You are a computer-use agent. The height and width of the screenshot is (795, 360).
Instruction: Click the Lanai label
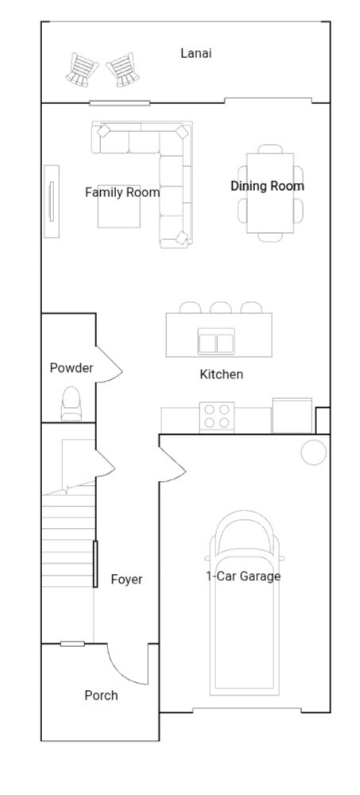[x=195, y=53]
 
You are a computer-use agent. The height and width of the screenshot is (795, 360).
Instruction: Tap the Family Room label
[x=122, y=192]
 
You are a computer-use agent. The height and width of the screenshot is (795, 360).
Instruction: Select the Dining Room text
[x=267, y=186]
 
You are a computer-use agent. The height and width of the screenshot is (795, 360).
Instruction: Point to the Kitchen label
[x=221, y=374]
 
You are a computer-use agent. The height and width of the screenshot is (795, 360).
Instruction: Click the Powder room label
[x=72, y=368]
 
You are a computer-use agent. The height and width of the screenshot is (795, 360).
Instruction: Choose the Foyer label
[x=126, y=580]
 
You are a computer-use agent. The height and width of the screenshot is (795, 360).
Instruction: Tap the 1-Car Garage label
[x=243, y=576]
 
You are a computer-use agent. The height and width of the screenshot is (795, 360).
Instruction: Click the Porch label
[x=101, y=696]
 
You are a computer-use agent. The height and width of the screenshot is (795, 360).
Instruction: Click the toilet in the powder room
[x=72, y=403]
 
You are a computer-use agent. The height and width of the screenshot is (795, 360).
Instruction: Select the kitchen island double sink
[x=217, y=343]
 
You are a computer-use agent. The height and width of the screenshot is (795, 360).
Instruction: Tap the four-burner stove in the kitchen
[x=217, y=416]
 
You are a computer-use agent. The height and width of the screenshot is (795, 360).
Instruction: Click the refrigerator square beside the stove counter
[x=292, y=415]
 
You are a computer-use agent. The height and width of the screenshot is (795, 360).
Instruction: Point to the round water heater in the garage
[x=313, y=452]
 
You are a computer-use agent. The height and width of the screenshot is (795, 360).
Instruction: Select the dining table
[x=270, y=192]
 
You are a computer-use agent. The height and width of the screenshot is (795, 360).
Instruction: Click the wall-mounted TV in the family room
[x=52, y=200]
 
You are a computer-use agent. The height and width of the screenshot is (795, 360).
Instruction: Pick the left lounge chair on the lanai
[x=82, y=70]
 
